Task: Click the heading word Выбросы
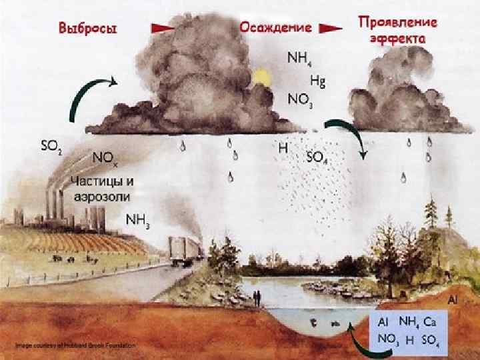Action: tap(88, 29)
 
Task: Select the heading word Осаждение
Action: tap(275, 28)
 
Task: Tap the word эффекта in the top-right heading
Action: tap(398, 39)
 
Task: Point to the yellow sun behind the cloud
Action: tap(259, 79)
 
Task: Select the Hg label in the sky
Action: tap(317, 82)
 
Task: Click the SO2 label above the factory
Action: tap(51, 147)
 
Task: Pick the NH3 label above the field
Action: tap(138, 220)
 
